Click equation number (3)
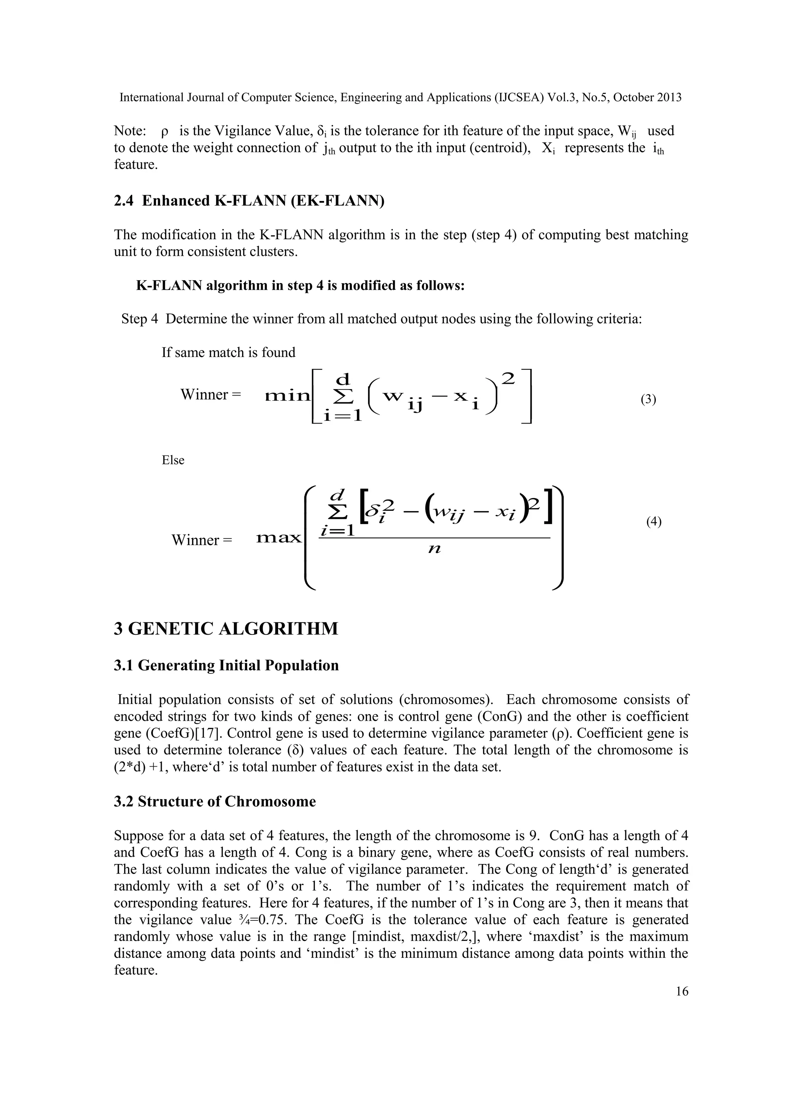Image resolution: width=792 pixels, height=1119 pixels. [648, 400]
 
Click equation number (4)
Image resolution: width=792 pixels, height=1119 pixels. [654, 522]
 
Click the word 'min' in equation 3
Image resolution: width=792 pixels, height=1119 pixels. [287, 396]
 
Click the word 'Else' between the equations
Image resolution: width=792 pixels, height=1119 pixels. [173, 460]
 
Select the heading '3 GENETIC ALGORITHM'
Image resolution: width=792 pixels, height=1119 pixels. [226, 629]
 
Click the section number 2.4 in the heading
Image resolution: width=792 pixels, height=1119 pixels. [124, 201]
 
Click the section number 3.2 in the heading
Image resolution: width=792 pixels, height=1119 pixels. [124, 802]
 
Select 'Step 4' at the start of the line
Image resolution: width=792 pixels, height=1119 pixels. [140, 319]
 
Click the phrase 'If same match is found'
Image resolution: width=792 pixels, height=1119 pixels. [228, 352]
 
